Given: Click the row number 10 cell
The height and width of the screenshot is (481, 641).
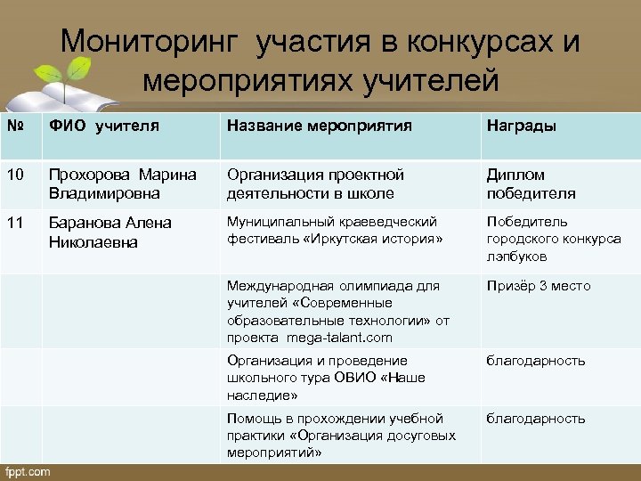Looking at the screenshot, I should click(x=15, y=175).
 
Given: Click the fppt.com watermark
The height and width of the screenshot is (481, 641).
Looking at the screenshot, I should click(x=28, y=471).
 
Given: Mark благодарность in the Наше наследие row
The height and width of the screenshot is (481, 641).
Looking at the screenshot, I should click(x=535, y=361).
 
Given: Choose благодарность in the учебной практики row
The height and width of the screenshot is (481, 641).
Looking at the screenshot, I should click(x=535, y=419).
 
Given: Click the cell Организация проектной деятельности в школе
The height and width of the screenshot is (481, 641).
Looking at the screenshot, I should click(x=315, y=183).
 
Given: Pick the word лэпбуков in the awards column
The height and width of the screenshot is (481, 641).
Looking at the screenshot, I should click(x=516, y=257).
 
